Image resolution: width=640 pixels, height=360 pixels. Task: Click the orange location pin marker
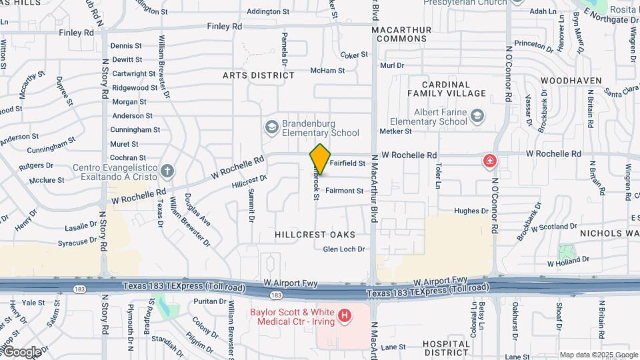click(320, 159)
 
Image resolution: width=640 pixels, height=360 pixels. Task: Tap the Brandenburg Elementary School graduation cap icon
click(271, 127)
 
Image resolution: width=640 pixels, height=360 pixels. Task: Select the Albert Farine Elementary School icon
click(477, 117)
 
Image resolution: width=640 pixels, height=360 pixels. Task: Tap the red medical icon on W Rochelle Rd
click(490, 161)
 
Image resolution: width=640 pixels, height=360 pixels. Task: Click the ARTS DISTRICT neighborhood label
click(259, 75)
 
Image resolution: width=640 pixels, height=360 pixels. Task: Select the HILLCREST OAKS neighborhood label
click(314, 235)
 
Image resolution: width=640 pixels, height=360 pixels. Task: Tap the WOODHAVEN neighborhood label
click(567, 79)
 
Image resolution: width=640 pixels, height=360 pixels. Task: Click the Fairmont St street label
click(345, 191)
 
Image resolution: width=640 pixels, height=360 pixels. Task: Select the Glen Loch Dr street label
click(344, 249)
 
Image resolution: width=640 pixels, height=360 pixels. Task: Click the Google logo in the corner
click(22, 352)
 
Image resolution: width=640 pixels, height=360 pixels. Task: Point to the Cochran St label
click(124, 157)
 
